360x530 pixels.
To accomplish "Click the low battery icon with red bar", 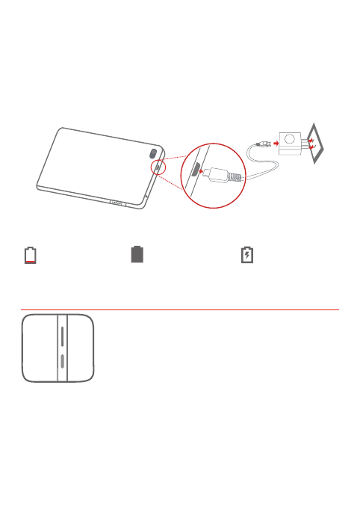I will (30, 256).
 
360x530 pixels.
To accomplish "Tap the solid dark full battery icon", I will (137, 255).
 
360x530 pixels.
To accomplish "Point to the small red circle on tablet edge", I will (158, 167).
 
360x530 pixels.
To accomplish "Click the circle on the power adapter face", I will (288, 138).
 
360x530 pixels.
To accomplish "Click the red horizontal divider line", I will (179, 308).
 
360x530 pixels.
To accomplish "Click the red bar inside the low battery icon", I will (30, 264).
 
